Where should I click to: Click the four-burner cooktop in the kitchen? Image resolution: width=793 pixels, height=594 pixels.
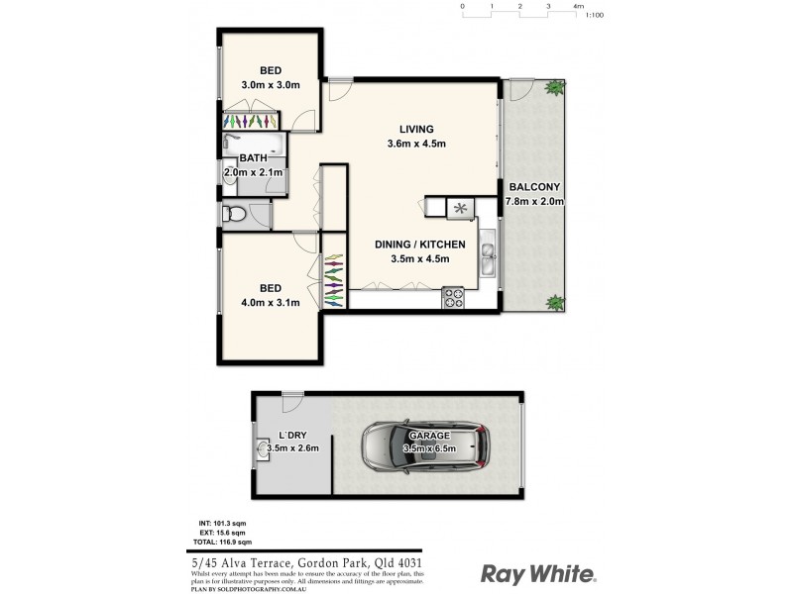(x=455, y=294)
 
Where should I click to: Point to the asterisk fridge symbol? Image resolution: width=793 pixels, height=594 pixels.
(x=460, y=207)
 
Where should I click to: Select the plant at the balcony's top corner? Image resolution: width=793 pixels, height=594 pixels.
(x=553, y=89)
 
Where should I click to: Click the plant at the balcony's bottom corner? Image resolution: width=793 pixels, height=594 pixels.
(x=553, y=301)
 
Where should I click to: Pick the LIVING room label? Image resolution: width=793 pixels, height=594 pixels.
(x=416, y=129)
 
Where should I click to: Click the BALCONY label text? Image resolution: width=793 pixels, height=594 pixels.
(x=535, y=187)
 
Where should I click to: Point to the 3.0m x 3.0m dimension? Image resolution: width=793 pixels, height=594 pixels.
(x=271, y=85)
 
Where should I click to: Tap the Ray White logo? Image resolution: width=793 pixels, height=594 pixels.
(x=538, y=573)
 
